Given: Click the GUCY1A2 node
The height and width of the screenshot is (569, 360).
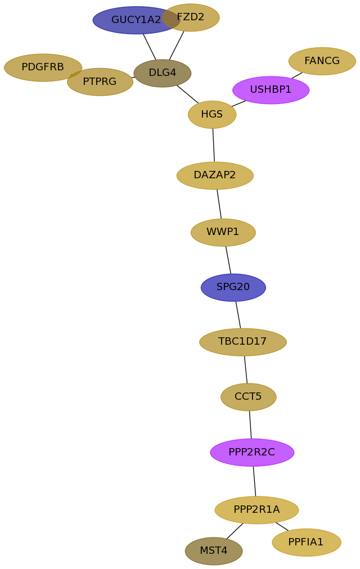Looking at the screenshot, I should pos(133,20).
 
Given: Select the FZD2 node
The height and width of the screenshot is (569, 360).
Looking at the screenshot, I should pos(194,17).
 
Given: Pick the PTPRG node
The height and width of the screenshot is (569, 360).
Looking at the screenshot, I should pos(100,82).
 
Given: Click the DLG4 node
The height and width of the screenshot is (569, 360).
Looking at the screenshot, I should pos(163,73).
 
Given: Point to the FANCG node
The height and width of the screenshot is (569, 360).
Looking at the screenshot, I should pos(322,61).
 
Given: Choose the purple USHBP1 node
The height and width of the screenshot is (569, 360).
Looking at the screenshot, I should pos(271,90).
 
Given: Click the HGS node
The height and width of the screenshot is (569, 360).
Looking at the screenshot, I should pos(212,115).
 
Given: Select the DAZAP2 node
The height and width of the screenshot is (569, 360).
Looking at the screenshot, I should pos(215,175).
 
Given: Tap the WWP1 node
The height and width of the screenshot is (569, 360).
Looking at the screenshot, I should pos(223,232).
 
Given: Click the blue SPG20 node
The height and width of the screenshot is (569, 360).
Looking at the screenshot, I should pos(233,287).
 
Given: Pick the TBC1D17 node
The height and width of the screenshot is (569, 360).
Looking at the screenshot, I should pos(243,342).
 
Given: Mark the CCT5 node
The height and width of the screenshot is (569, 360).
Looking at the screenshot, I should pos(249,397).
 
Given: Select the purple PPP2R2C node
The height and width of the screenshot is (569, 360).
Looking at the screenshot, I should pos(252,453).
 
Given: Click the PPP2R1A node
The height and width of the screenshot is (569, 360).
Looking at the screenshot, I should pos(256,510).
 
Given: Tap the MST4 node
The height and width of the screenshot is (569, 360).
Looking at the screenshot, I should pos(214,551).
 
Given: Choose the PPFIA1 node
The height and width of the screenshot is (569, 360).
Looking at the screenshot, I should pos(307,543).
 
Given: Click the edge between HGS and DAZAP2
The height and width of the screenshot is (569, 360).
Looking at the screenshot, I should pos(213,145).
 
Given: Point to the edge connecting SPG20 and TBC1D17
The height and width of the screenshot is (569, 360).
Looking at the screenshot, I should pos(238,315).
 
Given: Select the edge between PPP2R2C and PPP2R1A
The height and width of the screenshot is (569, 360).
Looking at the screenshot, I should pos(254,481).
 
